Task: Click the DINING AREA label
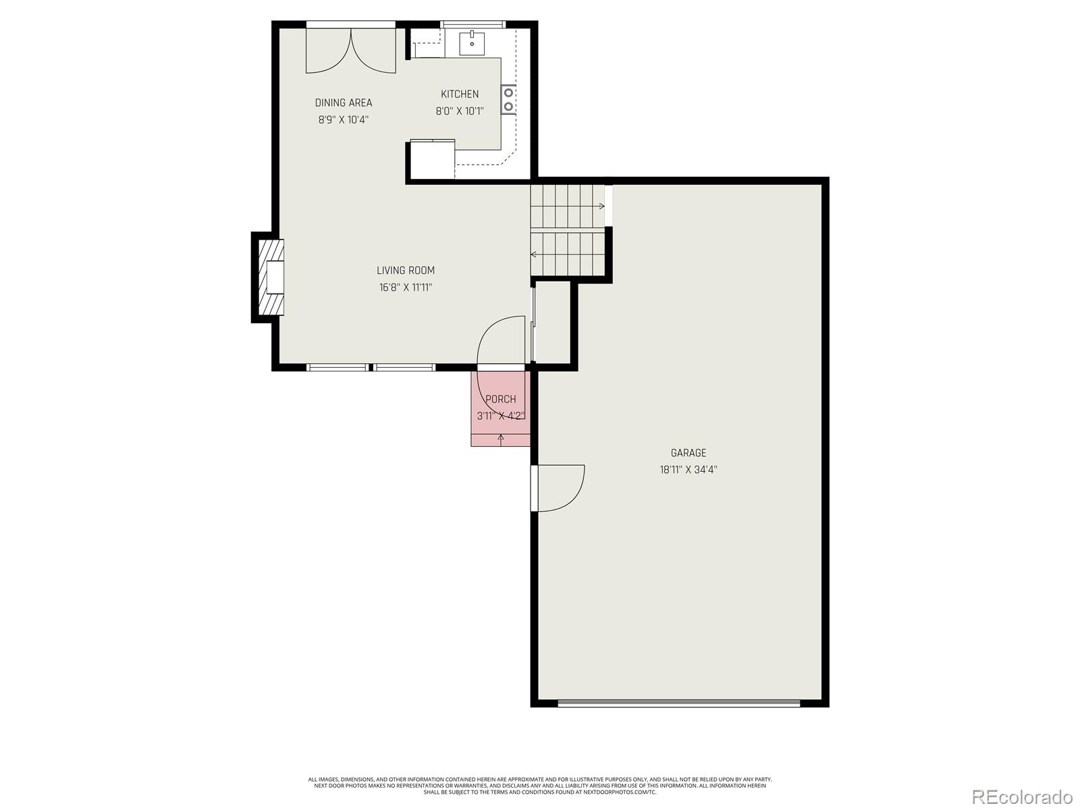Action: (344, 103)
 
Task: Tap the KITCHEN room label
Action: (460, 94)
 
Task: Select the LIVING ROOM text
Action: (406, 270)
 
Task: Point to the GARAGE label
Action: (688, 453)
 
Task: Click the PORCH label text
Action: (501, 399)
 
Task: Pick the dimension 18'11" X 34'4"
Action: (688, 470)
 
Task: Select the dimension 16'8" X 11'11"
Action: (406, 288)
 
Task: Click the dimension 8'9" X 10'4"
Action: (344, 120)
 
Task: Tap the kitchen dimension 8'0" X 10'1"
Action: (460, 111)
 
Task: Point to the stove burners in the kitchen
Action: (508, 99)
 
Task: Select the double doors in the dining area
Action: (351, 49)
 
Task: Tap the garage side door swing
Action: (559, 487)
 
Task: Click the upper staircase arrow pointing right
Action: (601, 206)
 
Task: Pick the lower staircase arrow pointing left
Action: (534, 254)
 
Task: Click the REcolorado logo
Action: (1022, 796)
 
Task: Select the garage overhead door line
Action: (679, 703)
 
